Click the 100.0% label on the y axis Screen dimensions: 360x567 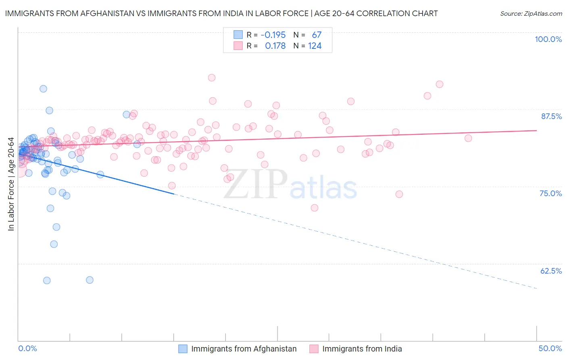point(548,39)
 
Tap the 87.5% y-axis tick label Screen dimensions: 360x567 point(551,116)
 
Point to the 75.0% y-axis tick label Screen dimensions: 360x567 point(550,193)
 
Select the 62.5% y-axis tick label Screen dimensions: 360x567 point(551,271)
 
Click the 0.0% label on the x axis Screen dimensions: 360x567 point(27,348)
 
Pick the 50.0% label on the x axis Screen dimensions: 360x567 point(550,348)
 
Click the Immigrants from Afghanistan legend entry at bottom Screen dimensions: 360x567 point(244,349)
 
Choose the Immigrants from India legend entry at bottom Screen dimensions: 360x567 point(362,349)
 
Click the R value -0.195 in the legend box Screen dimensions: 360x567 point(273,35)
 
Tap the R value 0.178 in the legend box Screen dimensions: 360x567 point(275,46)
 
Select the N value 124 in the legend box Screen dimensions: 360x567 point(315,46)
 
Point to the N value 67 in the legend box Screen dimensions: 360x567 point(317,35)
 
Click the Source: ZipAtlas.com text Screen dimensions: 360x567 point(531,14)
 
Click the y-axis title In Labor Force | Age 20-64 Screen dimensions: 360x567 point(11,184)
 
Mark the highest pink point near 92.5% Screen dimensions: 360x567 point(212,78)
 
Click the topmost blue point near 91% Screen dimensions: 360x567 point(43,89)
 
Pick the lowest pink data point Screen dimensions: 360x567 point(315,208)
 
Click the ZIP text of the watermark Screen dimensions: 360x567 point(256,184)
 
